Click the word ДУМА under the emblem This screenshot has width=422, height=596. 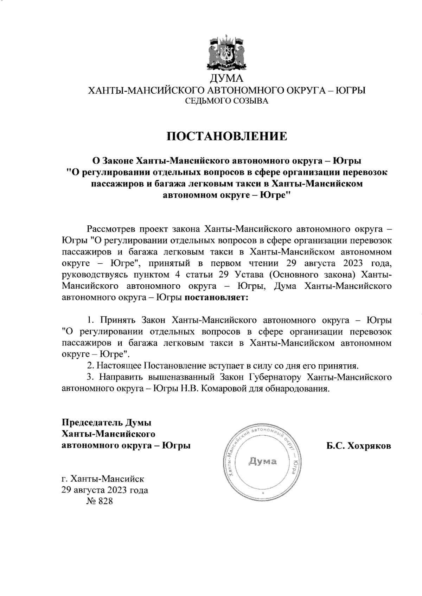[226, 78]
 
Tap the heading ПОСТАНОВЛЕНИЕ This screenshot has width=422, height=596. [226, 136]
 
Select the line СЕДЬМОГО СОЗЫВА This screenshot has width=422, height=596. [226, 102]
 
